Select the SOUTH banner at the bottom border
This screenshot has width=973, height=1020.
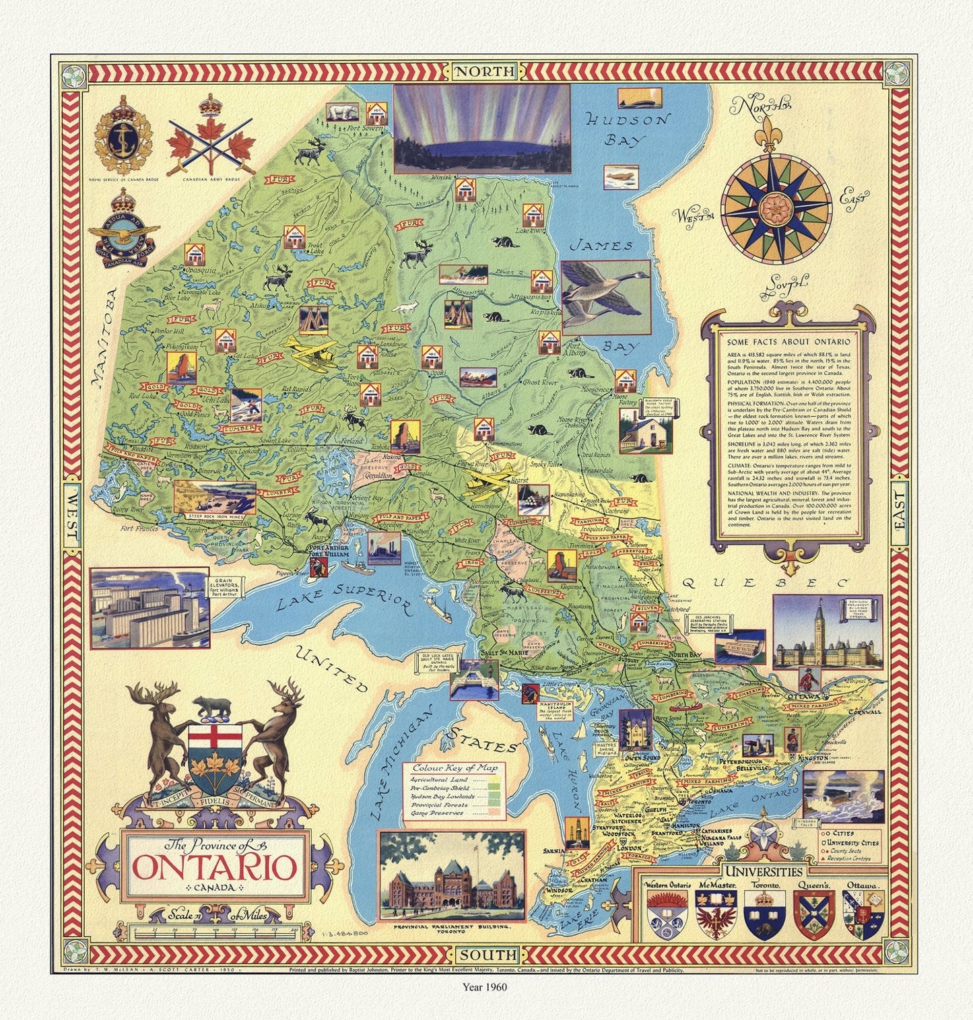point(488,955)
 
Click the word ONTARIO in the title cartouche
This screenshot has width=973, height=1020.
point(214,866)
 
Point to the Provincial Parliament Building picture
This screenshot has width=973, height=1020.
point(451,875)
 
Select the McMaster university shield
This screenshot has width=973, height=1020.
point(716,914)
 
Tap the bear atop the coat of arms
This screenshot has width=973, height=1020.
point(212,708)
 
